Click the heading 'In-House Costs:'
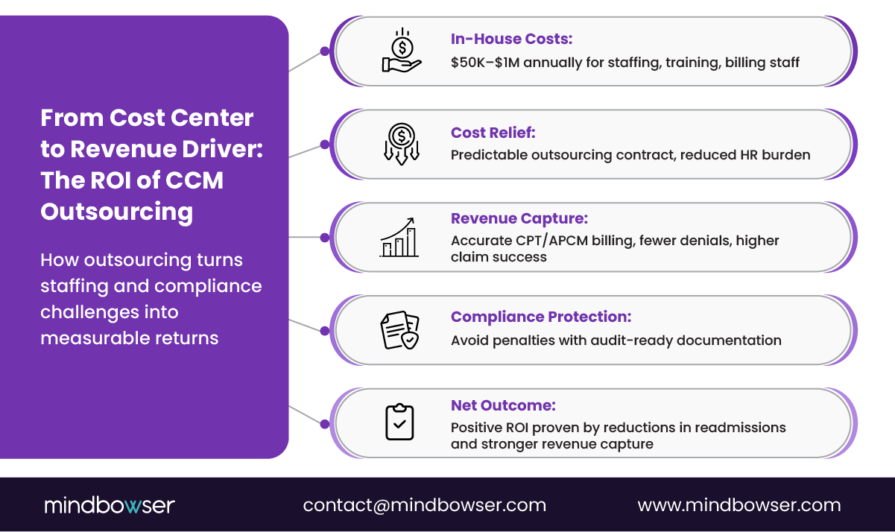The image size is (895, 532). (511, 39)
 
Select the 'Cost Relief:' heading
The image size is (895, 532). (493, 133)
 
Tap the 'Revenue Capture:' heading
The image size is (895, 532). (519, 218)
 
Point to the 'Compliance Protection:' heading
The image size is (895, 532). (541, 317)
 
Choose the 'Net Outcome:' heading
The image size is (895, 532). (503, 405)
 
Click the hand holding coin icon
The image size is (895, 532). (402, 51)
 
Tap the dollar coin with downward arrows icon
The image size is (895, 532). (402, 142)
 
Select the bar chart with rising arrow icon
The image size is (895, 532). (400, 238)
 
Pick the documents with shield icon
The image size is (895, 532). (400, 330)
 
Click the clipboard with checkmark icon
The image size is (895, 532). (399, 422)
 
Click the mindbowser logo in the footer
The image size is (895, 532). (109, 505)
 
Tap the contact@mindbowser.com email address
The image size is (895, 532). (424, 505)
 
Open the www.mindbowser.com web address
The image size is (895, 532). (739, 505)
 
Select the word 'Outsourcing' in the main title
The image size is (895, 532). (116, 212)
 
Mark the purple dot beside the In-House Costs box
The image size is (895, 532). (324, 51)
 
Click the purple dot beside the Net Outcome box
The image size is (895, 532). (324, 423)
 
